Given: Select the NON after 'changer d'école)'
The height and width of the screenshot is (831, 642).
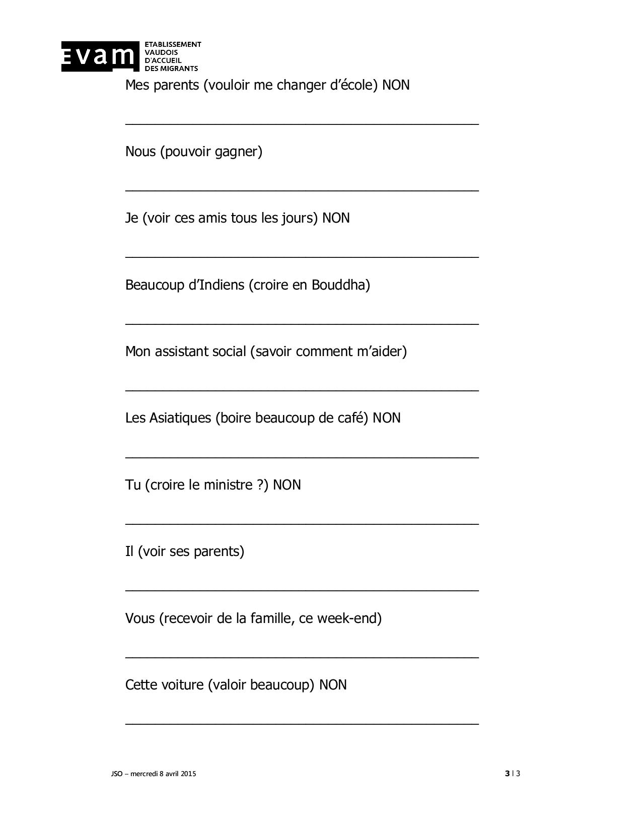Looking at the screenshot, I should [396, 85].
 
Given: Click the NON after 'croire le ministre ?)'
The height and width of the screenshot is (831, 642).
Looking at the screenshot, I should [287, 485].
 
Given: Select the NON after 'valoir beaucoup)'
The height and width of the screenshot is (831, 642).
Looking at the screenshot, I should [333, 685].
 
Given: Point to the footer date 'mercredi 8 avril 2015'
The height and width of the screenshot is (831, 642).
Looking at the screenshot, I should [163, 774].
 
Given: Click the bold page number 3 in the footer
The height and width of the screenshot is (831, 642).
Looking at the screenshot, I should [507, 774].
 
